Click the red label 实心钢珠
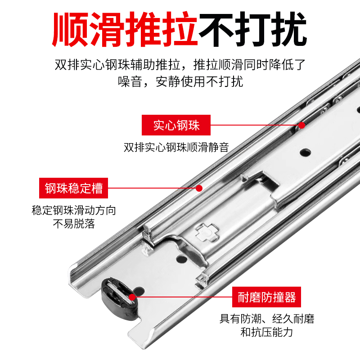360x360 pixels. (176, 125)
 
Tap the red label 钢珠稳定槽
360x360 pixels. (74, 187)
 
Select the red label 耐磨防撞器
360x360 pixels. (266, 297)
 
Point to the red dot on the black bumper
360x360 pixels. (132, 297)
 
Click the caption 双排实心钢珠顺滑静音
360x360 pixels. (176, 147)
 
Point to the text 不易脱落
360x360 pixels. (74, 224)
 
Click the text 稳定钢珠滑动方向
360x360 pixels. (74, 210)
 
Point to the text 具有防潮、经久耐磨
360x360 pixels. (266, 319)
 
